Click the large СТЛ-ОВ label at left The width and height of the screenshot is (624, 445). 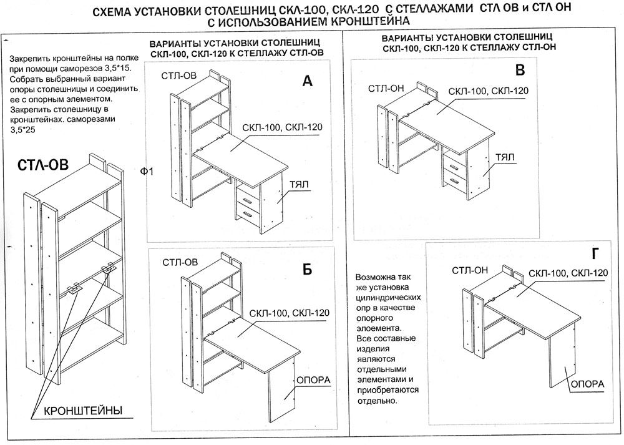coord(43,165)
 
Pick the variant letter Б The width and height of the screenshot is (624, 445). coord(307,269)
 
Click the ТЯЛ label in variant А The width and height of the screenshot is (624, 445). coord(300,185)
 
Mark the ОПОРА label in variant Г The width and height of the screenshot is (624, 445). coord(587,383)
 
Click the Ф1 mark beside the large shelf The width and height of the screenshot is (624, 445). coord(147,171)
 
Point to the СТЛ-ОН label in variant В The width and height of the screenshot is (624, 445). coord(386,88)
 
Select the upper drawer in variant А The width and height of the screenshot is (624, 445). coord(248,200)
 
